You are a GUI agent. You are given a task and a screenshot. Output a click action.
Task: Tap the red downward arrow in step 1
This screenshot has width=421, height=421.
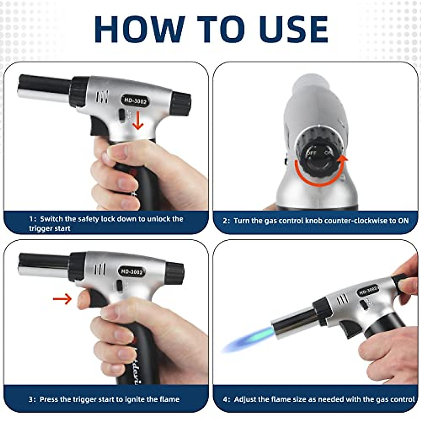(138, 121)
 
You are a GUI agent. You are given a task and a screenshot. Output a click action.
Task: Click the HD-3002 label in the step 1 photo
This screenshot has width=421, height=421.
(135, 101)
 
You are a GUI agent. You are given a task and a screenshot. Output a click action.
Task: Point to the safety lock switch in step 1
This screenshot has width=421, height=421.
(122, 115)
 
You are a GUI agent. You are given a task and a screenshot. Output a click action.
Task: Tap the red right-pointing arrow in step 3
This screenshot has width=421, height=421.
(62, 299)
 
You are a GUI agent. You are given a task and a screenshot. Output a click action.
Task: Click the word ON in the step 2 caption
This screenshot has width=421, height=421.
(403, 221)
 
